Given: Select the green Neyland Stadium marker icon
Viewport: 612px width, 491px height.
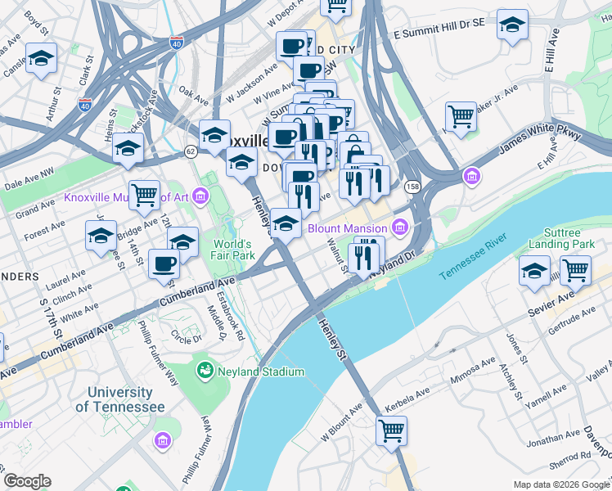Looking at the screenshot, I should tap(204, 371).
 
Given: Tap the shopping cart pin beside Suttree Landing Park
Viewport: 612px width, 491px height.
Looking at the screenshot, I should tap(575, 269).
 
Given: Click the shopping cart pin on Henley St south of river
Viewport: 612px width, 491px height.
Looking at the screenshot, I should tap(391, 429).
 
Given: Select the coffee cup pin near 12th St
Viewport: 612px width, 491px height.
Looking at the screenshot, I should tap(164, 264).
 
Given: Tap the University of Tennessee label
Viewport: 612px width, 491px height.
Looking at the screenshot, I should tap(119, 399).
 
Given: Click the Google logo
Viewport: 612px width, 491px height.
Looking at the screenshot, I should tap(27, 480).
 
